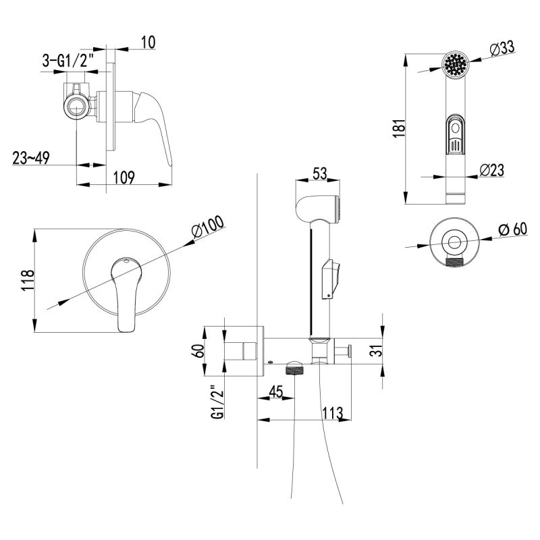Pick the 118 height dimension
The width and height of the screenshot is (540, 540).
tap(27, 281)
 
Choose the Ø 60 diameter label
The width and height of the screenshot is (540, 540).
tap(512, 230)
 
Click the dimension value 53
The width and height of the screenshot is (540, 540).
tap(319, 173)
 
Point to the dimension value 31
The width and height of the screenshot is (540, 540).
tap(377, 351)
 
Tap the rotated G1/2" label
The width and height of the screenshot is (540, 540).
tap(215, 402)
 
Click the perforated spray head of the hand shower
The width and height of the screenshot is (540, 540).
tap(454, 66)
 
